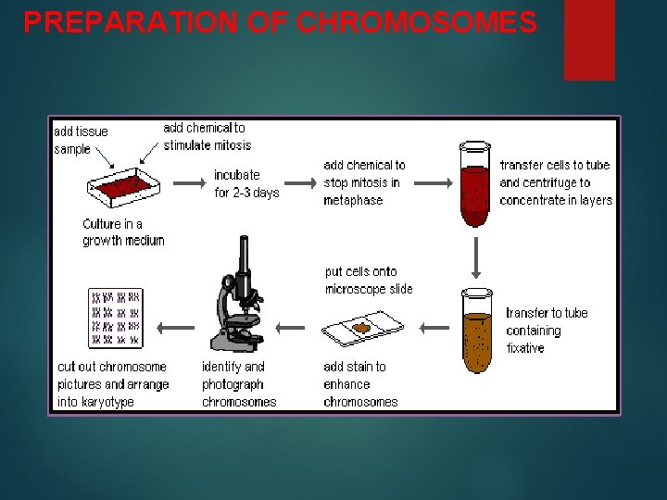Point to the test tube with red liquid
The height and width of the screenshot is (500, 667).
(x=474, y=185)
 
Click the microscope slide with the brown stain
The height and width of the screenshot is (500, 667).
(x=362, y=328)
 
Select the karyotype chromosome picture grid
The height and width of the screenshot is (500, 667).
(x=115, y=318)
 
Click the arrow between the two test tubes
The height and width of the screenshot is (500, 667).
(x=475, y=256)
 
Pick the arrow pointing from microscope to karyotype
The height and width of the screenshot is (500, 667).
(x=175, y=327)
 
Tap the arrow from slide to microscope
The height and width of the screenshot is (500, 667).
(x=290, y=327)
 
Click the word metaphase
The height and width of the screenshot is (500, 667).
(x=352, y=200)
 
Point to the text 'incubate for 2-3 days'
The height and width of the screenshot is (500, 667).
(x=246, y=183)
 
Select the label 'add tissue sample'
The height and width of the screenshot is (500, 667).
(x=81, y=140)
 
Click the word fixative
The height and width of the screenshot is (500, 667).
(x=525, y=348)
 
